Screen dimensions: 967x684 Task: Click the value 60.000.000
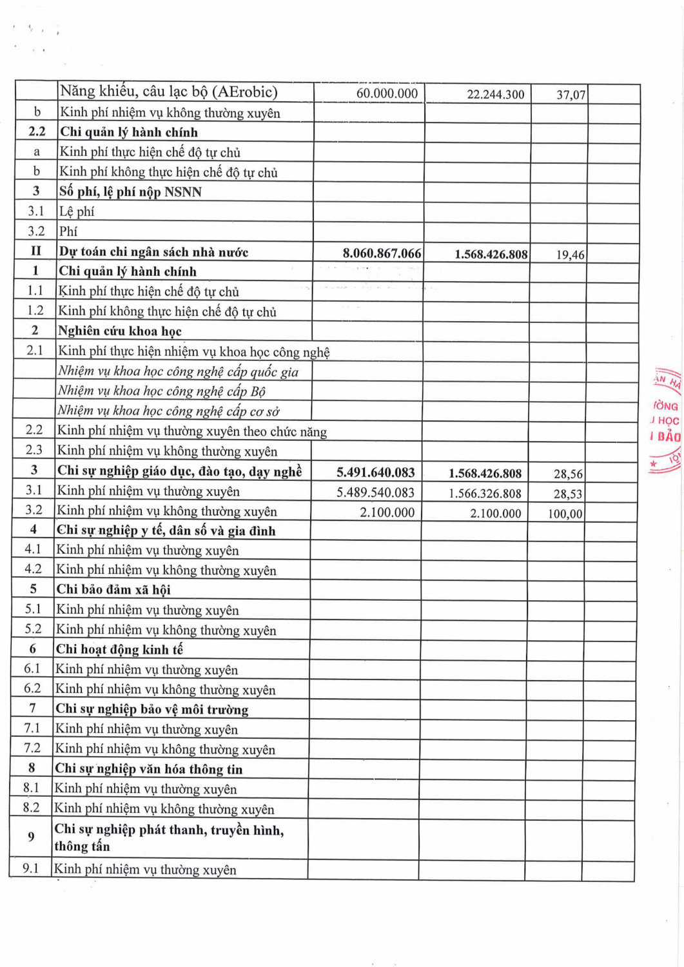(387, 93)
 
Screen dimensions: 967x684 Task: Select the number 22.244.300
(495, 94)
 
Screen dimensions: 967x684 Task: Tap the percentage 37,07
(571, 95)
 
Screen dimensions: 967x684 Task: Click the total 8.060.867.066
(382, 253)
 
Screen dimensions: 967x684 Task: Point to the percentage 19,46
(570, 255)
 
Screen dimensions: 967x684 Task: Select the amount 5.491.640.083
(375, 473)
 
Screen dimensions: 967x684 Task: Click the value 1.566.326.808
(485, 494)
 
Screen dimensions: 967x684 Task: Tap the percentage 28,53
(567, 494)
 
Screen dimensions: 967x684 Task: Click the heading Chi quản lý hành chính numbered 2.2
(128, 132)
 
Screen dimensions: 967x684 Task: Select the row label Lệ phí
(77, 211)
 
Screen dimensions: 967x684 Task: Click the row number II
(36, 251)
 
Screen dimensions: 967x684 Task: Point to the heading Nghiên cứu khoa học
(120, 331)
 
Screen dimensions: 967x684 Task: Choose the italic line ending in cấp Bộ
(161, 391)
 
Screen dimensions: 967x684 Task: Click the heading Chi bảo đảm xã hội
(113, 589)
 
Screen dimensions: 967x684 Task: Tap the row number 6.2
(32, 689)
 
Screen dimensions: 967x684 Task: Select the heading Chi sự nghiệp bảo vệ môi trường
(151, 709)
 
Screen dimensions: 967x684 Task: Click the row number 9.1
(31, 868)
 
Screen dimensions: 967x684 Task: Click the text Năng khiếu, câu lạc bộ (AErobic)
(168, 92)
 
